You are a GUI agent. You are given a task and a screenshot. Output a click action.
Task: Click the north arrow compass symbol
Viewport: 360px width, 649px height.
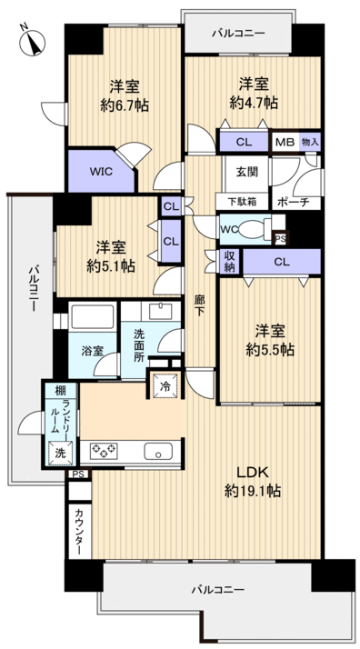pos(34,40)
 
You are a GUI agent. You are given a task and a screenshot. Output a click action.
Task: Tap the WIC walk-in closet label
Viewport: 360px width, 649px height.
pos(100,170)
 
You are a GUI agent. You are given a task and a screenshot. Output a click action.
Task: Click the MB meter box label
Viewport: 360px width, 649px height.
pos(284,142)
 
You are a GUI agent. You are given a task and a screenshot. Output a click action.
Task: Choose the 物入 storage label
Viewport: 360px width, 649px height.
pos(310,142)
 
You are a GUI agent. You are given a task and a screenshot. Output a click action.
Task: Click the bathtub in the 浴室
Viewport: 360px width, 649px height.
pos(89,321)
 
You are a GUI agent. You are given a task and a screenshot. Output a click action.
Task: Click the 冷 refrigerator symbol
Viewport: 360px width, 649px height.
pos(165,385)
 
